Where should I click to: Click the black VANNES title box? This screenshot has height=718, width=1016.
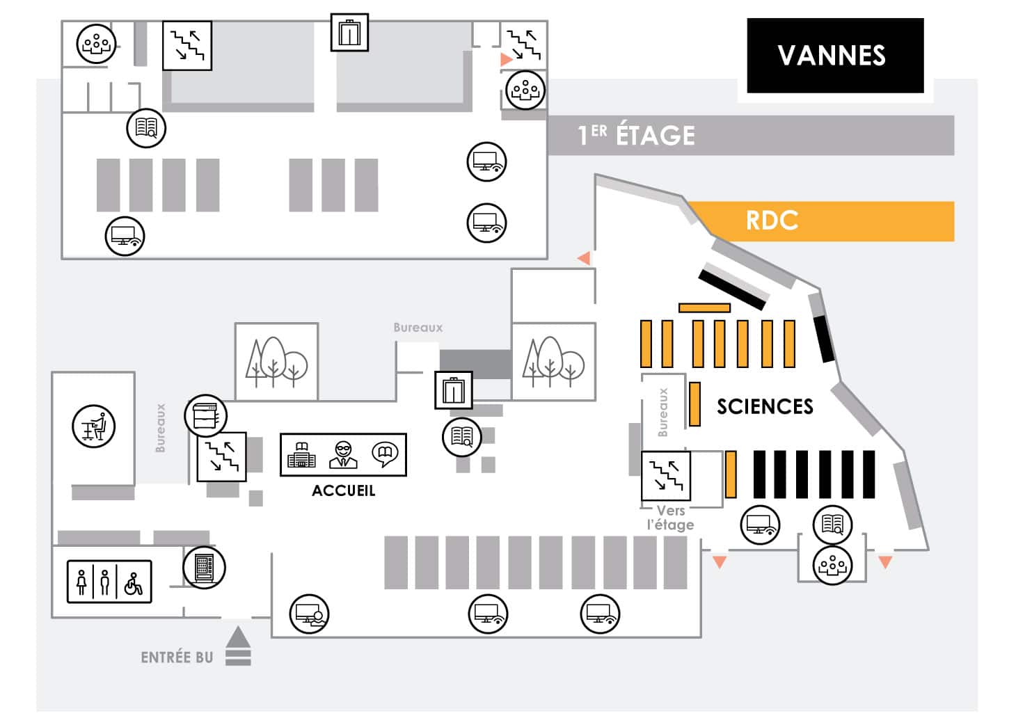coord(835,56)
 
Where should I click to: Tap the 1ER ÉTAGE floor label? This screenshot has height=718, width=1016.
coord(636,135)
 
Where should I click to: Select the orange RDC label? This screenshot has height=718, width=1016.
coord(772,221)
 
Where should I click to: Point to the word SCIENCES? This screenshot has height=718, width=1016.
coord(765,406)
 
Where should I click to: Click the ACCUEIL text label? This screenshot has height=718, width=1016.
coord(343,490)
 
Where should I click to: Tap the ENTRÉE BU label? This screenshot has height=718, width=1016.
coord(177,657)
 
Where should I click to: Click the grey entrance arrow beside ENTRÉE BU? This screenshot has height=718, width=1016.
coord(238,646)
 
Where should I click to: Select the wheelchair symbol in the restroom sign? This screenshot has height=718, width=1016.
coord(133,582)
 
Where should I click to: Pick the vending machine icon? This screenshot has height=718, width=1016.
coord(205,567)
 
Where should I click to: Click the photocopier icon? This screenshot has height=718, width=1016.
coord(206,416)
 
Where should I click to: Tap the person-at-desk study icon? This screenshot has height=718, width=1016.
coord(93,426)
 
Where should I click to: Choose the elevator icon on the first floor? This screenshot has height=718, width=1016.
coord(349,33)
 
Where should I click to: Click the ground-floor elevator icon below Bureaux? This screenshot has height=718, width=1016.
coord(454,390)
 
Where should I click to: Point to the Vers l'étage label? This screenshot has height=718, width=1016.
coord(670,518)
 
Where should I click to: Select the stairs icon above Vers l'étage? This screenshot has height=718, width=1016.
coord(666,476)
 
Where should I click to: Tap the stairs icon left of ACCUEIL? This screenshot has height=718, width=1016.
coord(221,456)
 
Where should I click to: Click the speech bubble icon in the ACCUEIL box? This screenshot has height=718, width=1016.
coord(385,454)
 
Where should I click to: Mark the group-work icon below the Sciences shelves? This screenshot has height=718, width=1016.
coord(832,565)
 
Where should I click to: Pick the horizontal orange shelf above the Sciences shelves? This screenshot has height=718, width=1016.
coord(704,308)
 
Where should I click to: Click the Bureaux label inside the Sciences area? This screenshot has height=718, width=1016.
coord(662,413)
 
